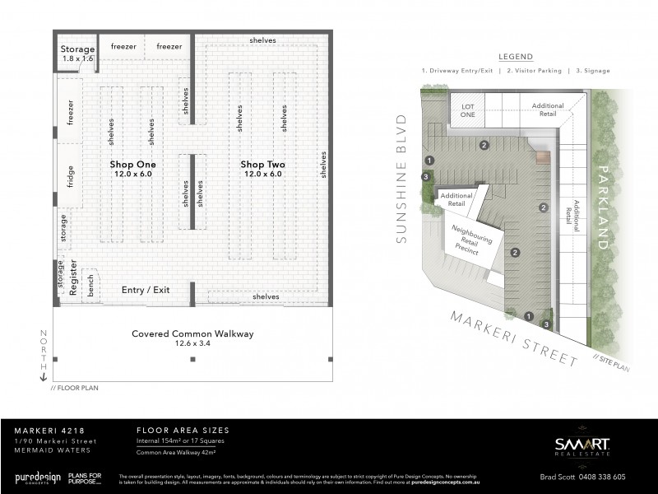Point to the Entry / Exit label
click(145, 290)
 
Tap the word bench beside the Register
click(90, 285)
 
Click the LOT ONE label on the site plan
click(467, 110)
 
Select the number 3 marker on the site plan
click(425, 176)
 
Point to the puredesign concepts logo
click(39, 478)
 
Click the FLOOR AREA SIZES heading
click(181, 431)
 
